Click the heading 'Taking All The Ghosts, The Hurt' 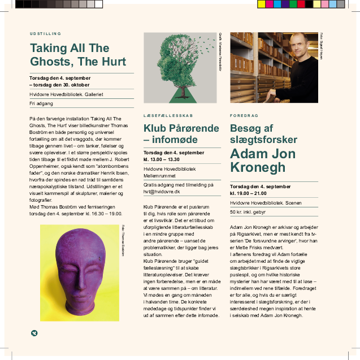[78, 54]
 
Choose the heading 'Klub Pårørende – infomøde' [180, 133]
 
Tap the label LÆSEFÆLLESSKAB [164, 115]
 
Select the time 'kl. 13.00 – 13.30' [166, 159]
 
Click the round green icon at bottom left [34, 333]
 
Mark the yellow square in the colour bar [261, 5]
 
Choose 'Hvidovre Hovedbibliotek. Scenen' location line [266, 202]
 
